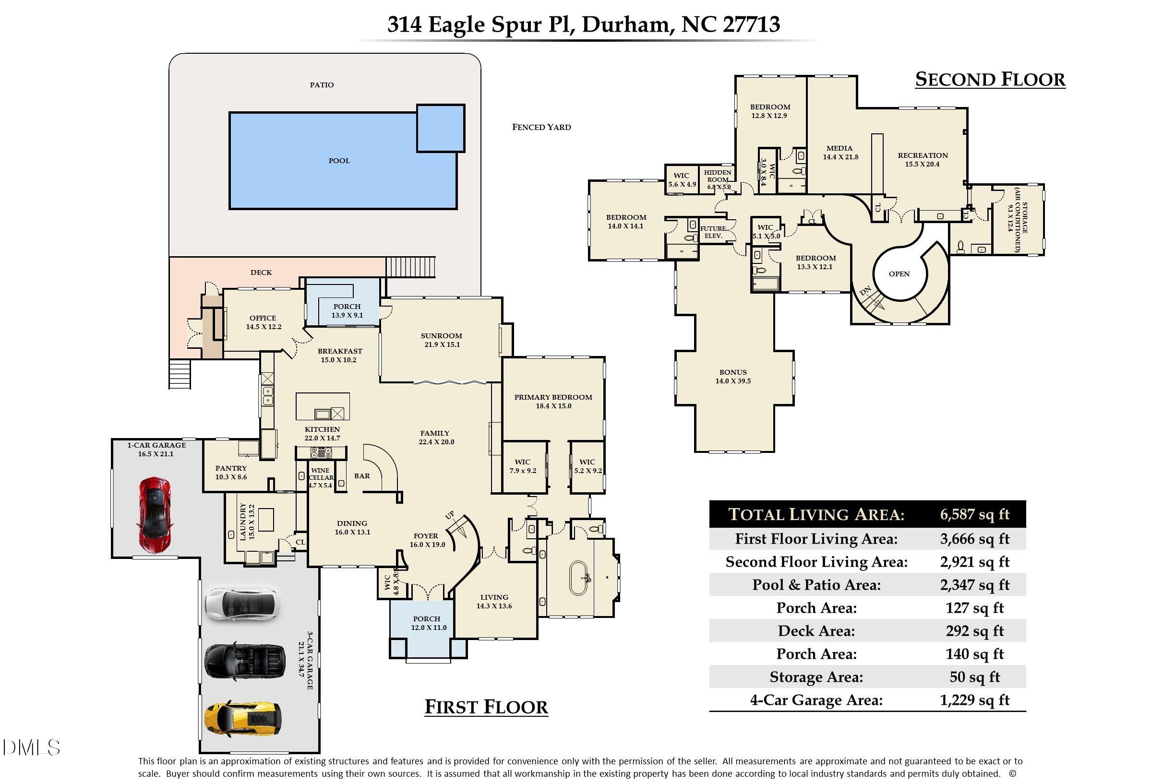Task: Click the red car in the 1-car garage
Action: coord(155,515)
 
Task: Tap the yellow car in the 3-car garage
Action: coord(242,718)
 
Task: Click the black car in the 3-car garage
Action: coord(245,661)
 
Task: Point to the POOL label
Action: coord(339,161)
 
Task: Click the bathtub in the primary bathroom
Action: coord(578,578)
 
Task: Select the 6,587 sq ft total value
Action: coord(974,514)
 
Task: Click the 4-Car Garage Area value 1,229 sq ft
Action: coord(974,700)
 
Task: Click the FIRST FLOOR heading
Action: coord(486,707)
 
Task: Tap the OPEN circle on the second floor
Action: coord(899,274)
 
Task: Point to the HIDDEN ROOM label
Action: coord(718,176)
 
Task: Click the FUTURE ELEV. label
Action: coord(713,232)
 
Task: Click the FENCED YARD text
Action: coord(541,127)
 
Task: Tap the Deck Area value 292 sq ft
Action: coord(974,631)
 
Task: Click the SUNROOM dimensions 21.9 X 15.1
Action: coord(442,344)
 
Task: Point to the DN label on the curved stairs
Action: coord(865,291)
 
